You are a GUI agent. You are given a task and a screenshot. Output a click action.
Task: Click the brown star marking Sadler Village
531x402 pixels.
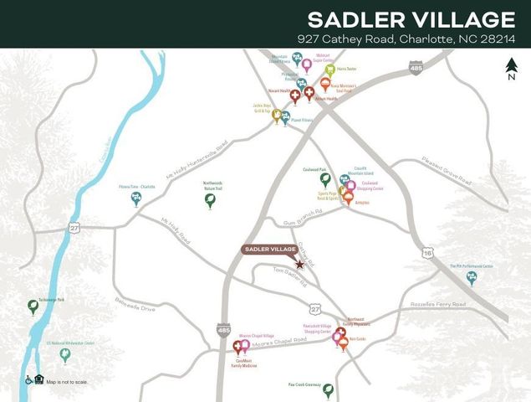point(300,264)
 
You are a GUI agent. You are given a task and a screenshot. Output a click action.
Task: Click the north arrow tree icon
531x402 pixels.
point(511,64)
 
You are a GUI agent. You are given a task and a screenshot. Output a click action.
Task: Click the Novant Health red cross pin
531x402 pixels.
point(295,96)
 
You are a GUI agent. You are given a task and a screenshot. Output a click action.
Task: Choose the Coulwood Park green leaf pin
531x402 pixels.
point(325,178)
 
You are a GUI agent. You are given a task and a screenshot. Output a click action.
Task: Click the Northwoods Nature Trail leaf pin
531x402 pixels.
point(210,199)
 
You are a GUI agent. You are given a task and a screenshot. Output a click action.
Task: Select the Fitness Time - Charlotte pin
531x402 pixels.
point(135,198)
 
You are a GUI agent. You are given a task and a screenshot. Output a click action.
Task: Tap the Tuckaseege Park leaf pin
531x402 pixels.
point(33,307)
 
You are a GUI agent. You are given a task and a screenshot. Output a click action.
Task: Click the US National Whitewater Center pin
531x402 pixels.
point(64,355)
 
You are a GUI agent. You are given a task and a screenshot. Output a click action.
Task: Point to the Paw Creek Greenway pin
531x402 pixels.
point(329,390)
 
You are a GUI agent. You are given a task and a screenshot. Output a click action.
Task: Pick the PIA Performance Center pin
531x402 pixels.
point(472,277)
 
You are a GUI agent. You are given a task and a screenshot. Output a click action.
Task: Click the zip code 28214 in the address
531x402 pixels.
point(497,39)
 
